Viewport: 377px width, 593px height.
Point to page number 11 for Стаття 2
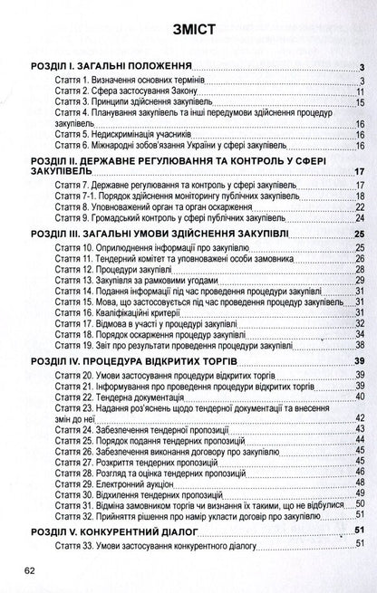tap(360, 91)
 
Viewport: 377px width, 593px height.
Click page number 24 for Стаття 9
tap(360, 218)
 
